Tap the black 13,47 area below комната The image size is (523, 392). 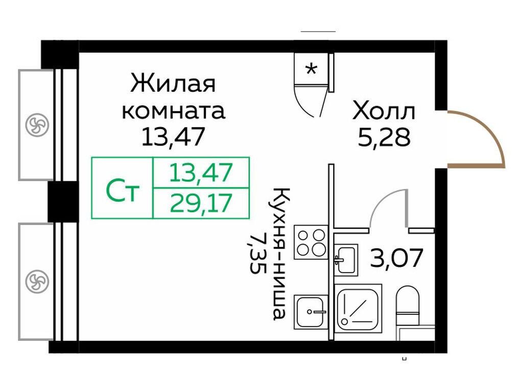click(x=173, y=137)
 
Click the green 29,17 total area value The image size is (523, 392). click(x=201, y=203)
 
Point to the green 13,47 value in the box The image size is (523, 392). click(x=201, y=173)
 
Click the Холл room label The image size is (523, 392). click(x=384, y=112)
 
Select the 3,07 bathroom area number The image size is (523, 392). click(x=397, y=258)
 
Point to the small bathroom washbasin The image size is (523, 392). click(x=346, y=260)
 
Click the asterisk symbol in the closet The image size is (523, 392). click(x=311, y=69)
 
